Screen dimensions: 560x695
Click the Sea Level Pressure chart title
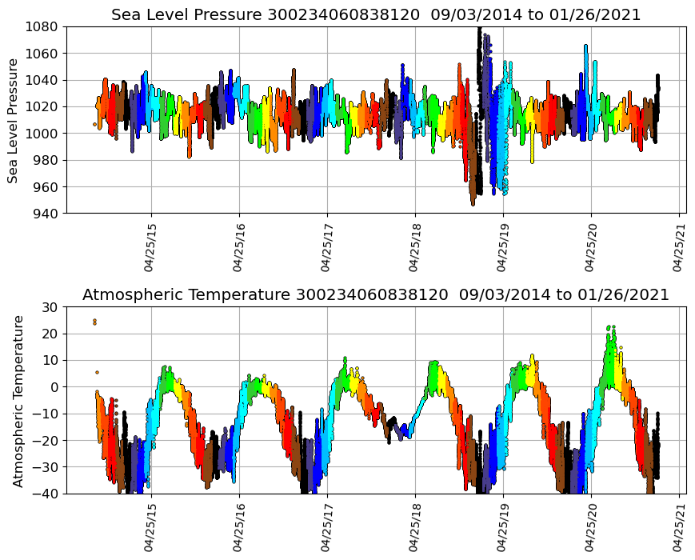pyautogui.click(x=376, y=14)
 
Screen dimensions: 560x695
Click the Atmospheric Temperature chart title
pyautogui.click(x=376, y=295)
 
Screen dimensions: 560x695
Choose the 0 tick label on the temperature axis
pyautogui.click(x=55, y=387)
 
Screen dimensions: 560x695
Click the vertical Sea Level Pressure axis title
pyautogui.click(x=14, y=120)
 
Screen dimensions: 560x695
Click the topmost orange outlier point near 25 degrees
pyautogui.click(x=94, y=321)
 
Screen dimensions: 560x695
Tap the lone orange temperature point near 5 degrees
pyautogui.click(x=97, y=372)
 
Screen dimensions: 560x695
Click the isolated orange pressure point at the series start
pyautogui.click(x=94, y=124)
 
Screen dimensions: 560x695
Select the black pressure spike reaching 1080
pyautogui.click(x=478, y=30)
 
